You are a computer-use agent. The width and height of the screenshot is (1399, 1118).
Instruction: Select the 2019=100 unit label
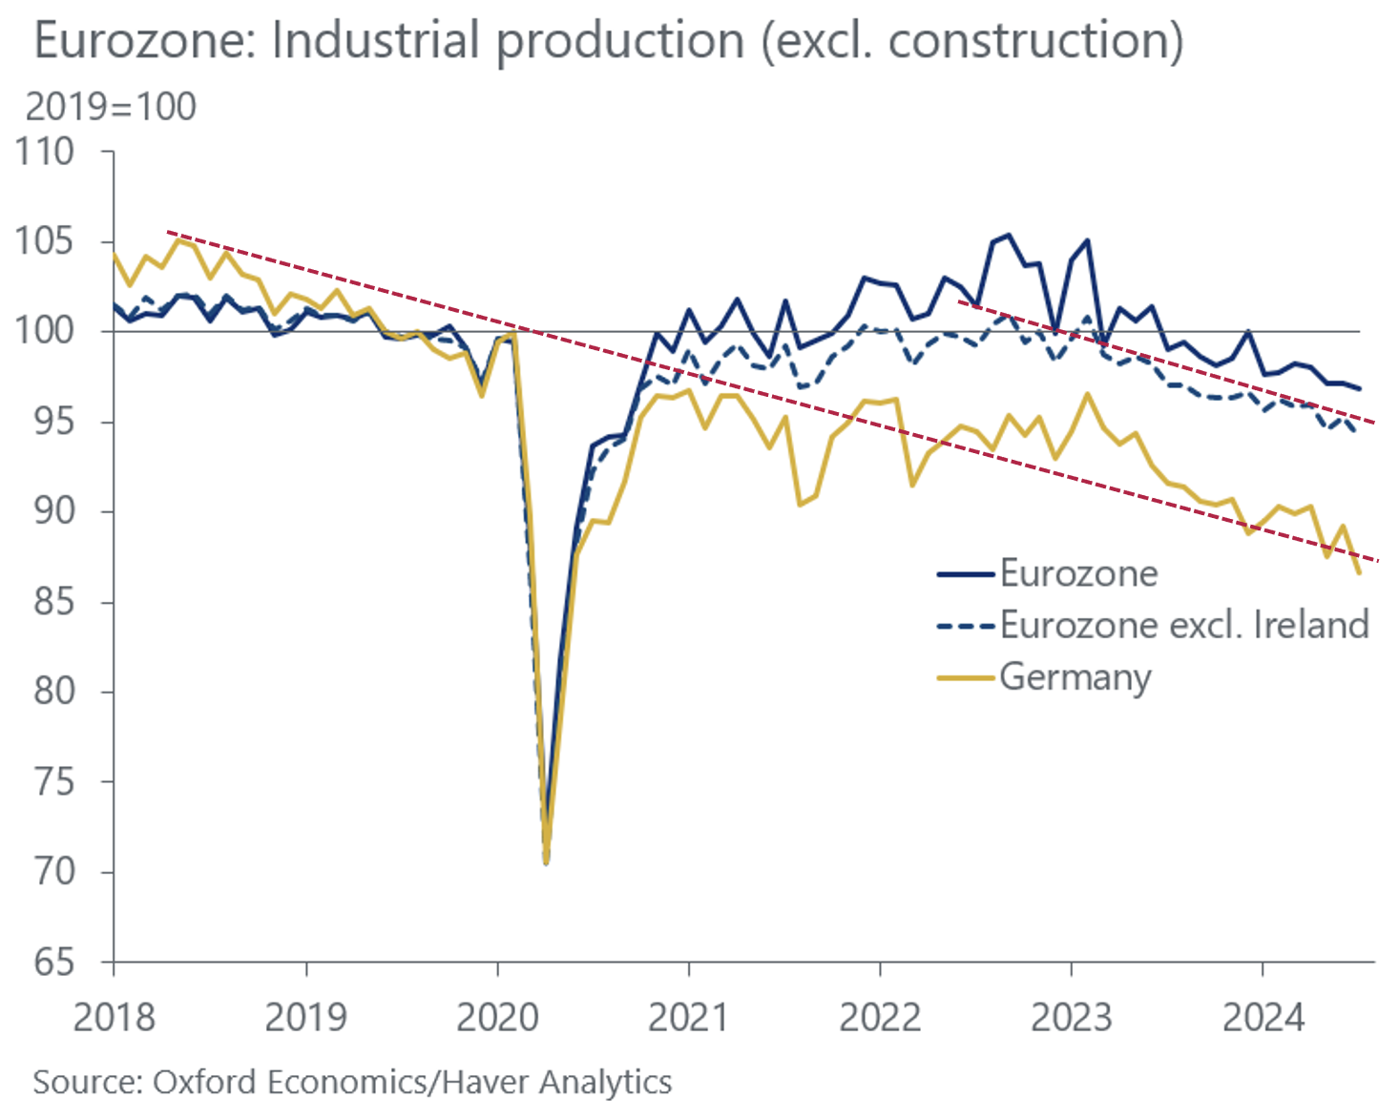111,107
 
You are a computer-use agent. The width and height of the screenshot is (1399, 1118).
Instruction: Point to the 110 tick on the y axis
44,152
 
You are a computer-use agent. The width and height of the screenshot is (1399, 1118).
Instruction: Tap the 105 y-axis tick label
44,241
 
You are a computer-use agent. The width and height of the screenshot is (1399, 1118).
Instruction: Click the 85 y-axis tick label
52,602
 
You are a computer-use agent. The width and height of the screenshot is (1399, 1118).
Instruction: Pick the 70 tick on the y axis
52,872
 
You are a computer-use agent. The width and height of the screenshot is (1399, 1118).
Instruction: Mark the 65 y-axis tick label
52,962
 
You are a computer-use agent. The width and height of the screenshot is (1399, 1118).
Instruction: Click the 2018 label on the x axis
114,1018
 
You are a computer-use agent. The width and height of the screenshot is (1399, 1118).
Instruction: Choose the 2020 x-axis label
497,1018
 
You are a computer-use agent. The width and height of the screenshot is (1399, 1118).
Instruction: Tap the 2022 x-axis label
880,1018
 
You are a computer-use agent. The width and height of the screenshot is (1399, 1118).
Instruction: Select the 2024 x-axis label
1263,1018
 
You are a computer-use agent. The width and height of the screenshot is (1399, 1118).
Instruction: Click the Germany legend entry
1075,677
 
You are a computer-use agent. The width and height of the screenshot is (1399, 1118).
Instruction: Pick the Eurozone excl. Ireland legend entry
1183,625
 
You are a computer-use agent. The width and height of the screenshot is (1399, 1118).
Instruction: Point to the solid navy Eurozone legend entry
1078,573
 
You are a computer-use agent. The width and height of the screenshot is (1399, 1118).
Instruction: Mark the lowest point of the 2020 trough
546,862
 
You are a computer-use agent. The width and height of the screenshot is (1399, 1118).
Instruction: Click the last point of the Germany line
1359,573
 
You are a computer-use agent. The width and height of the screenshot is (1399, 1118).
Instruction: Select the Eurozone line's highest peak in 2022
1009,235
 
